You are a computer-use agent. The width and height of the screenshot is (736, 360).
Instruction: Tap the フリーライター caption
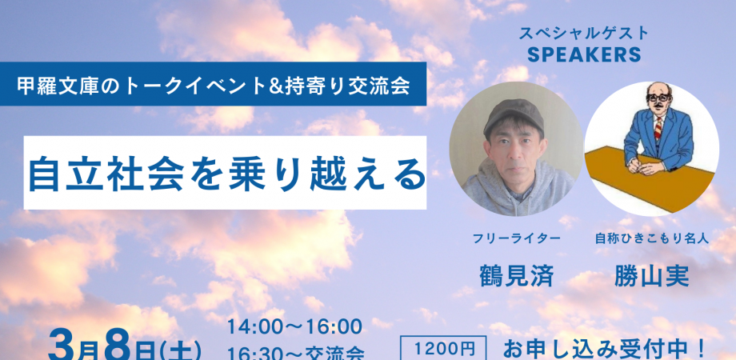[516, 238]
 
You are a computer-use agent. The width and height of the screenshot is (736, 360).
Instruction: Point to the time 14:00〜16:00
[294, 327]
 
